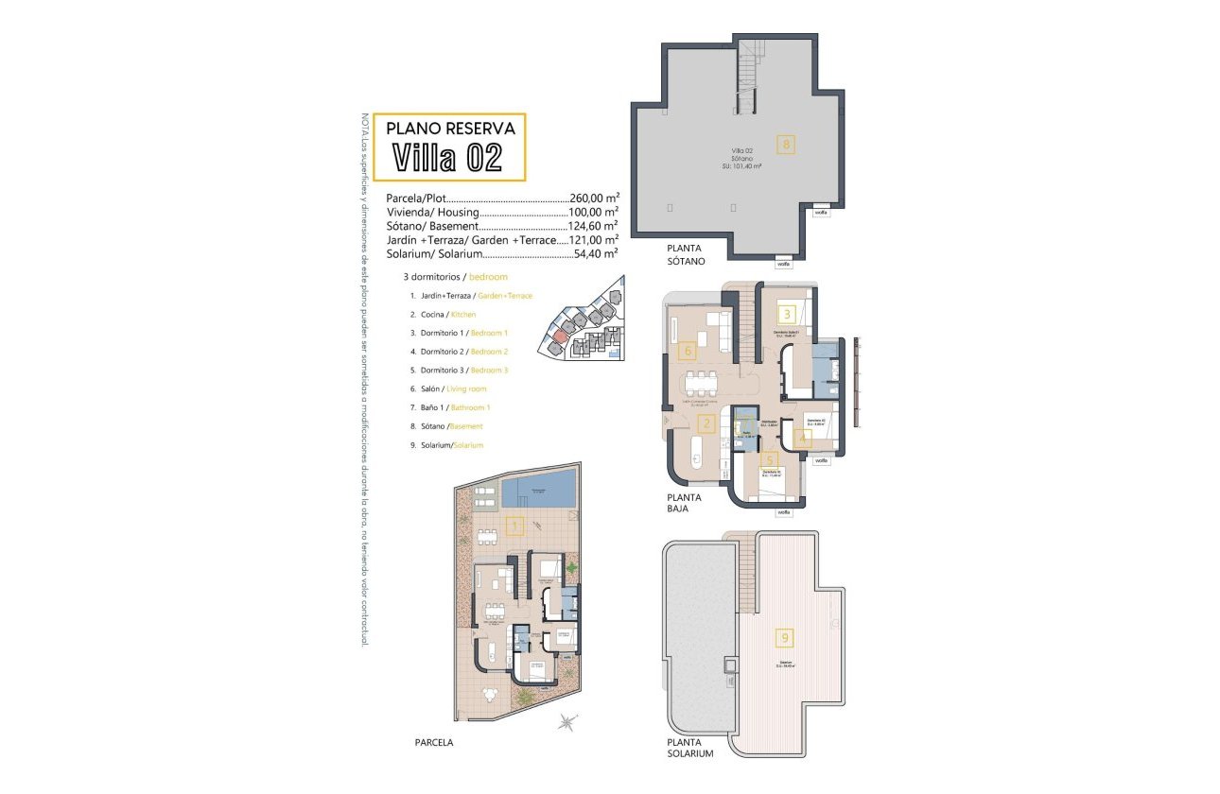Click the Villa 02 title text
pos(446,157)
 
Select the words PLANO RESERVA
pos(450,128)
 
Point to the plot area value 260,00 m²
pos(594,198)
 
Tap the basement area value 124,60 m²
pos(594,226)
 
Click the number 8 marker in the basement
pos(785,145)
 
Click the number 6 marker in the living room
pos(688,352)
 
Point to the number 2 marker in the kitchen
pos(705,424)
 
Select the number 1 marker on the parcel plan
pos(515,526)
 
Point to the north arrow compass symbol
pos(566,723)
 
